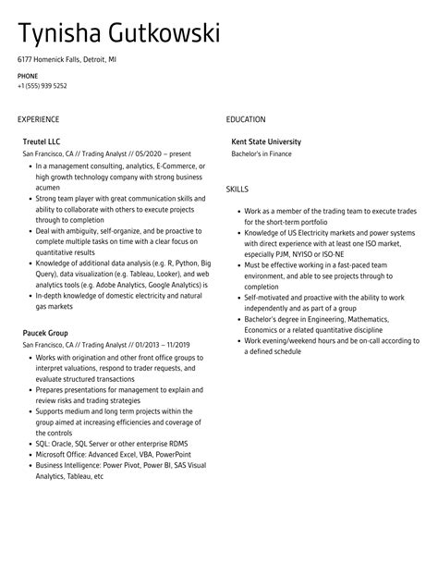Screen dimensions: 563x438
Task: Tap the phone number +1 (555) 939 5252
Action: click(42, 86)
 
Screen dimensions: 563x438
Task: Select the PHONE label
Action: click(28, 76)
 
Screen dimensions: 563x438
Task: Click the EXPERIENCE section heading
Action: click(38, 119)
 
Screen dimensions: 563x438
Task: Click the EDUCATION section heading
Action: click(246, 119)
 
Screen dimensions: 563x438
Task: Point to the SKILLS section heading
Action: click(237, 190)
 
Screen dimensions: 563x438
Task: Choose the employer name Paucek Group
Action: click(45, 333)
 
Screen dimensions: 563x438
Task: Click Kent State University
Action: click(266, 141)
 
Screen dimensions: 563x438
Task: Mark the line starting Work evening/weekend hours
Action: click(331, 340)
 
